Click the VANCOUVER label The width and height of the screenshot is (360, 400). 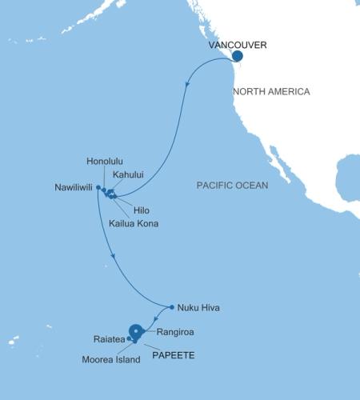237,46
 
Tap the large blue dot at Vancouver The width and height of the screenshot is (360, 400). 238,57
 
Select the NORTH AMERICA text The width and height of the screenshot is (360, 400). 271,92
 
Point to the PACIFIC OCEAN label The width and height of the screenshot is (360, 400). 232,186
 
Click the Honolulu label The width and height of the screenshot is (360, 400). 104,161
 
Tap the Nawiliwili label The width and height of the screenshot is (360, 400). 70,190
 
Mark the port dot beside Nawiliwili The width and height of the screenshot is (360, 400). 98,187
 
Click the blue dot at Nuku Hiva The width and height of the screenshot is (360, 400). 172,306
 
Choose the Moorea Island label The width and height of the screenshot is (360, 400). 111,359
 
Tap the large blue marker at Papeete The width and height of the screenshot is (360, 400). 137,331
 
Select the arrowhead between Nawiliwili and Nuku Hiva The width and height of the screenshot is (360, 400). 116,257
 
